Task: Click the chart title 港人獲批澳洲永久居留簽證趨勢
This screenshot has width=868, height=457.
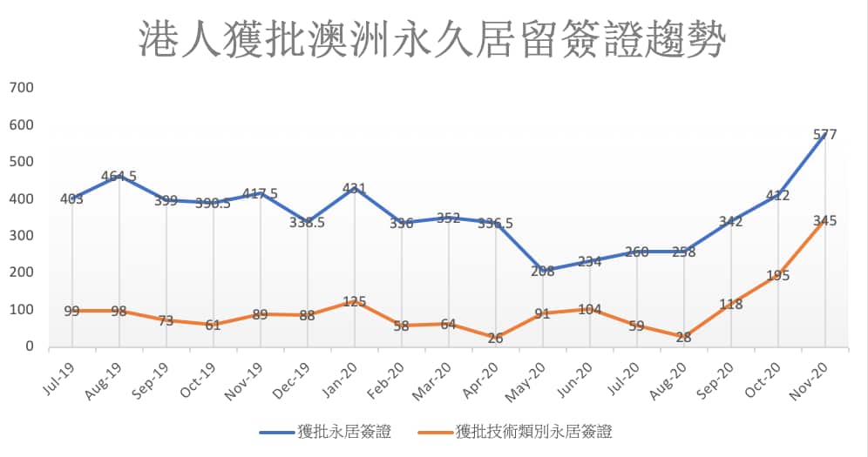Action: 432,39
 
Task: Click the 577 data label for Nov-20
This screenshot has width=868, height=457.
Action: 824,135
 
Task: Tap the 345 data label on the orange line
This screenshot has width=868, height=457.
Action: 824,221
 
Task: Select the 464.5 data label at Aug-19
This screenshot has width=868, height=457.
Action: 119,178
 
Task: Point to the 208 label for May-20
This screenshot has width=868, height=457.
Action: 542,271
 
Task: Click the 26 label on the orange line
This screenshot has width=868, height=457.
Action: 495,338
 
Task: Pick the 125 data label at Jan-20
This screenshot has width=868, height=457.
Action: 354,302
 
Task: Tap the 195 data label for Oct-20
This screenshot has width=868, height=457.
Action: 777,276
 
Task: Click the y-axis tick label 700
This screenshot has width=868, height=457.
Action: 21,88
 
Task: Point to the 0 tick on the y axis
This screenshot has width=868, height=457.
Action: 29,346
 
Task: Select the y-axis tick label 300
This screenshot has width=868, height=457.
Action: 21,236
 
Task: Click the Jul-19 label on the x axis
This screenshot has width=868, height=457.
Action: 62,377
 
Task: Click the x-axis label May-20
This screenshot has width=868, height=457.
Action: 531,378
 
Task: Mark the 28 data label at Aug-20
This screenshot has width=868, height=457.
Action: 683,338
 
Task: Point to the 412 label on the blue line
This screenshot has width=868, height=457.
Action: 777,196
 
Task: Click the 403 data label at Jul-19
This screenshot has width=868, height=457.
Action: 71,199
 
